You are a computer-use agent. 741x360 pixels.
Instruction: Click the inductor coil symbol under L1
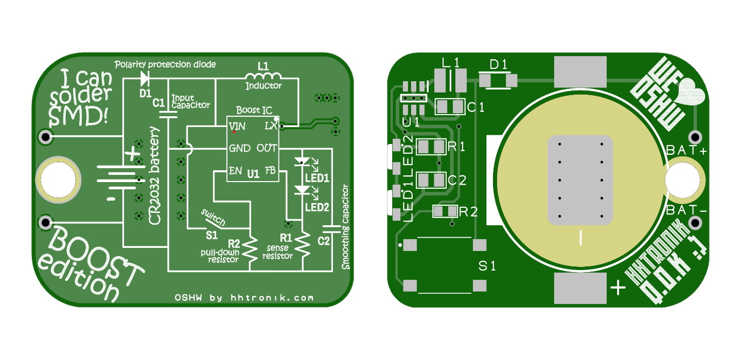pos(263,76)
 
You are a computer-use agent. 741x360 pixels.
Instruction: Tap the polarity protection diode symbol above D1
pos(145,79)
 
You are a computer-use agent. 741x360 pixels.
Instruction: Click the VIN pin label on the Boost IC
pos(237,127)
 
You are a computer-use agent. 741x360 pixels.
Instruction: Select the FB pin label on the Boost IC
pos(270,171)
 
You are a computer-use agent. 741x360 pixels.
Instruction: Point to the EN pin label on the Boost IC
pos(236,171)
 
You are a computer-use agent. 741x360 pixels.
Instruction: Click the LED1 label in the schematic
pos(317,178)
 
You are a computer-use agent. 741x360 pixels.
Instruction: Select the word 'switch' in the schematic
pos(214,217)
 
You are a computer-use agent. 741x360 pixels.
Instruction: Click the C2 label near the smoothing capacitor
pos(324,241)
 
